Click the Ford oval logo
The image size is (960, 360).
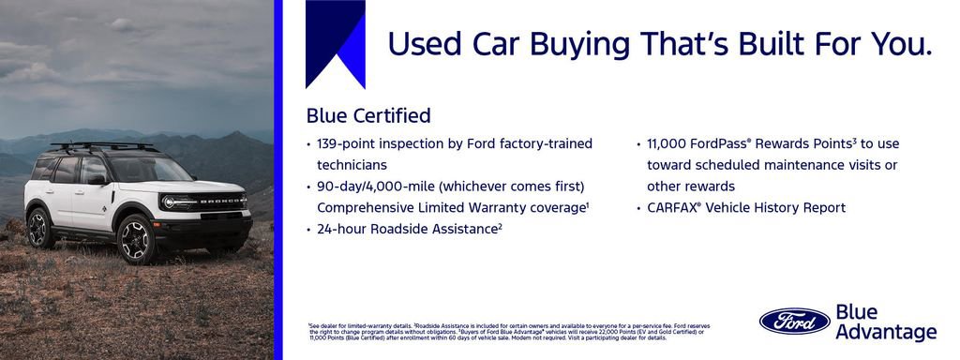point(794,321)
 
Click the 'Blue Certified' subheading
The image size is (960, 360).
point(368,116)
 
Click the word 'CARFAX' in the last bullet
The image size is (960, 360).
point(675,207)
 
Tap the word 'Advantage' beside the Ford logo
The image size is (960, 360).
point(885,332)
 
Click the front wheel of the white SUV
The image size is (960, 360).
point(136,240)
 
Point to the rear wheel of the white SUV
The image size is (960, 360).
point(40,228)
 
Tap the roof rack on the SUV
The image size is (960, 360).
point(103,146)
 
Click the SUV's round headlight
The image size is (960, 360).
point(170,202)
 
